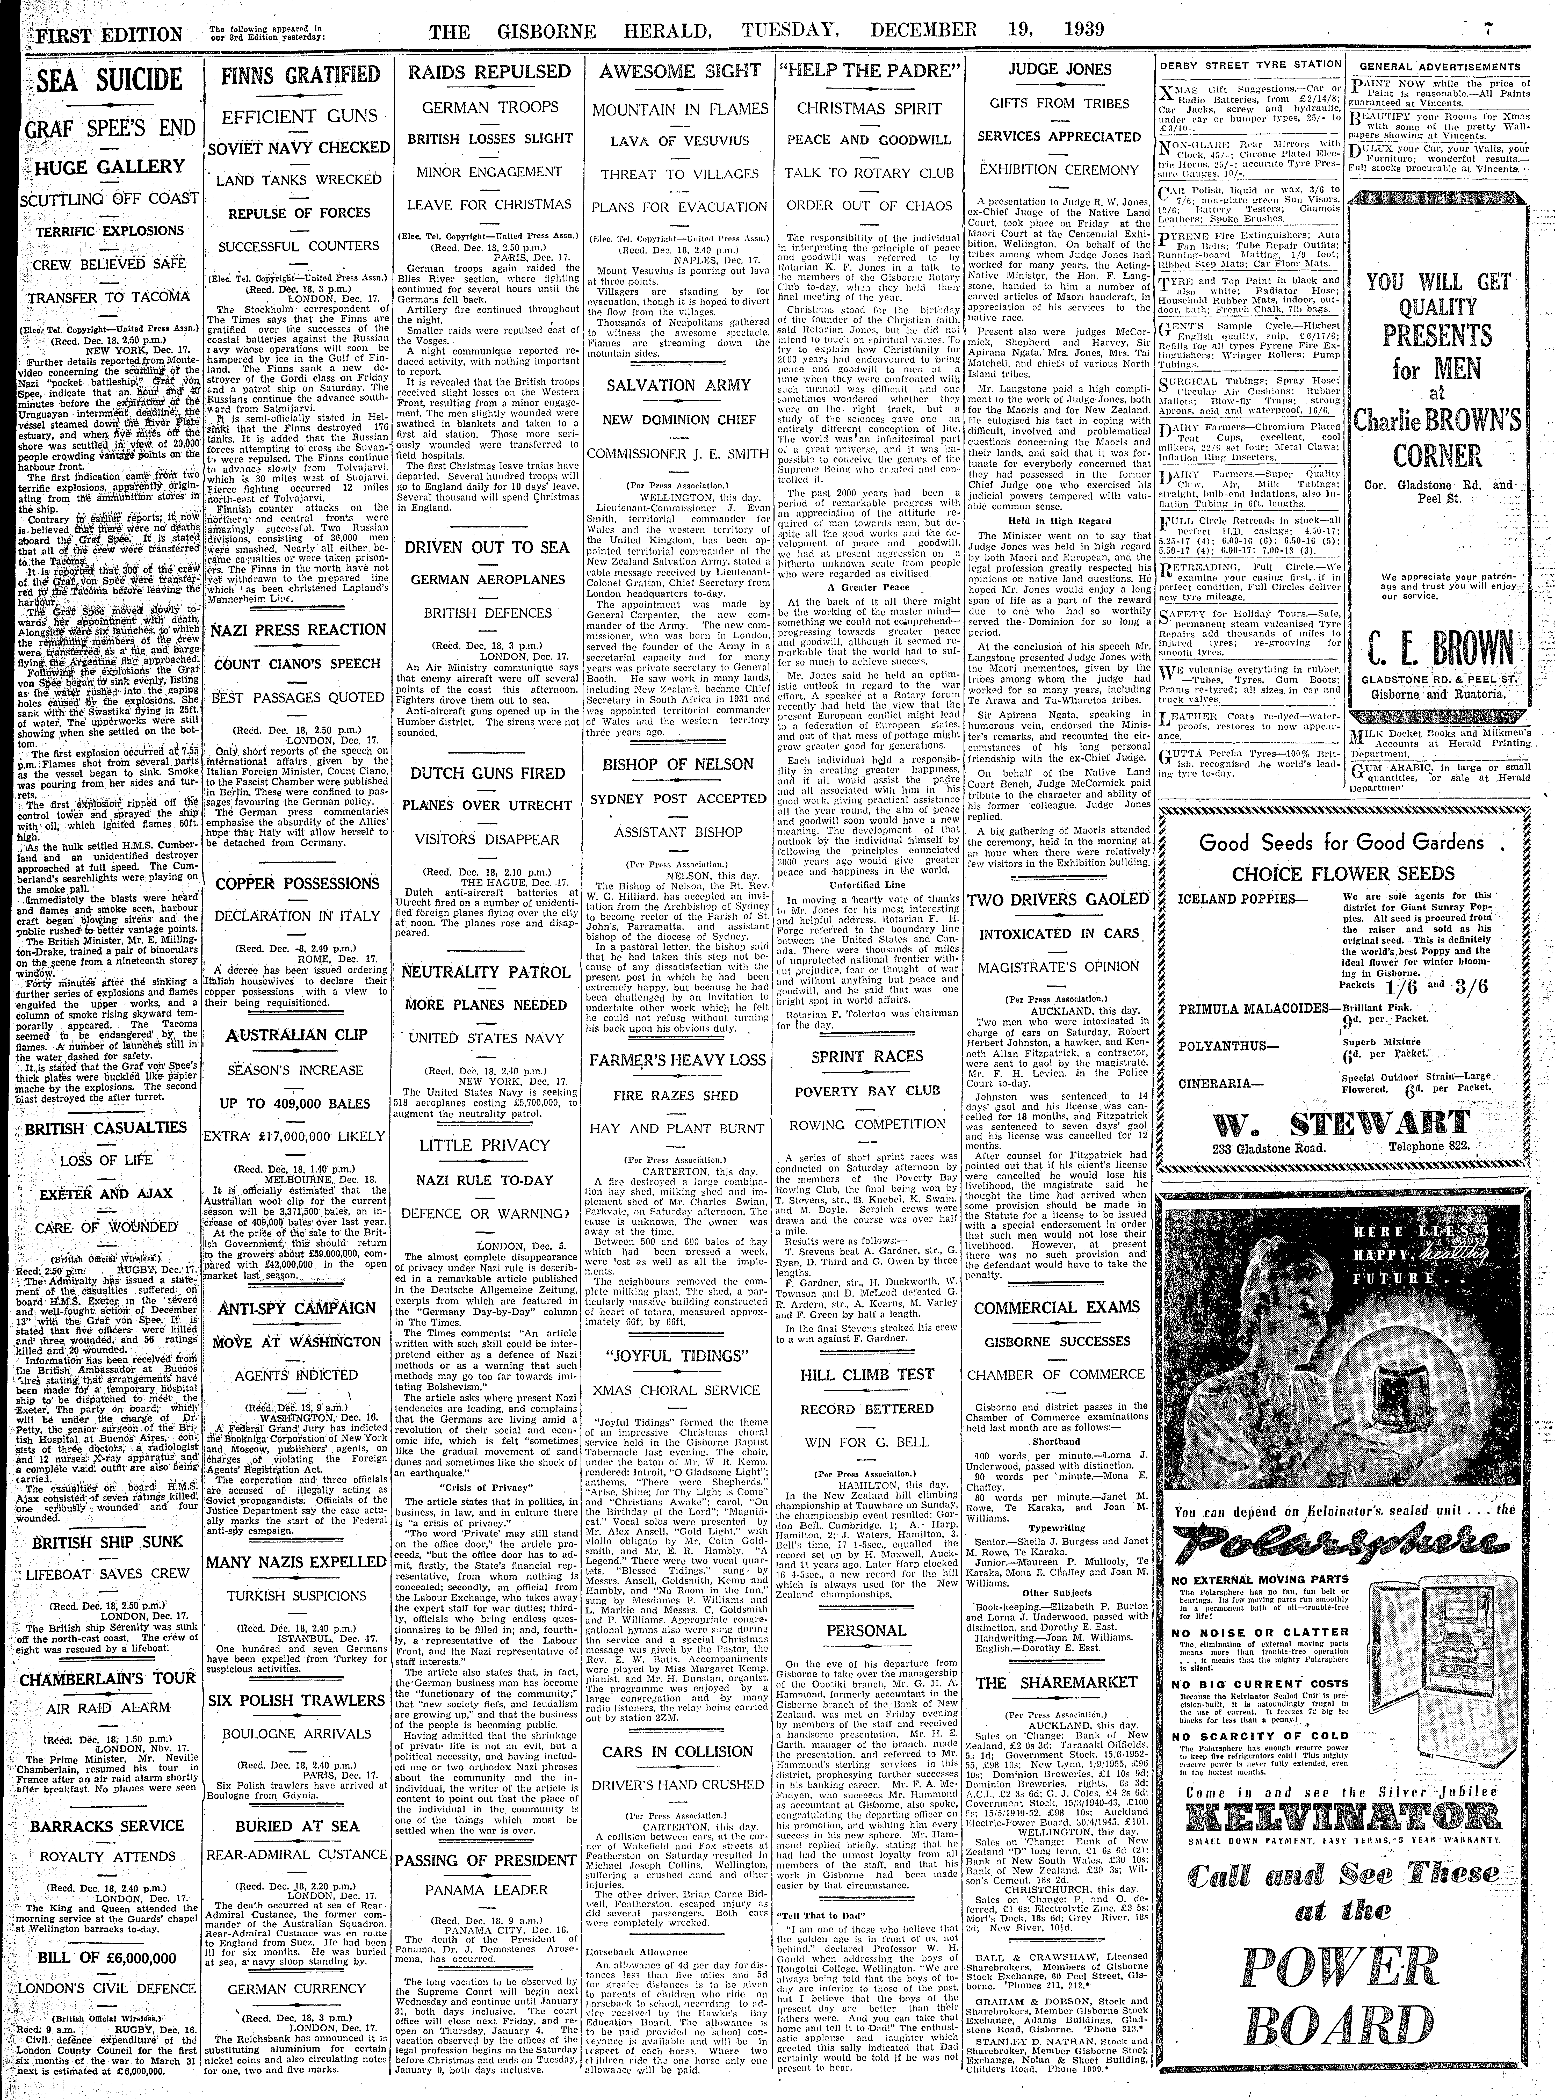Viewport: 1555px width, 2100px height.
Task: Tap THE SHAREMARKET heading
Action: point(1057,1683)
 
